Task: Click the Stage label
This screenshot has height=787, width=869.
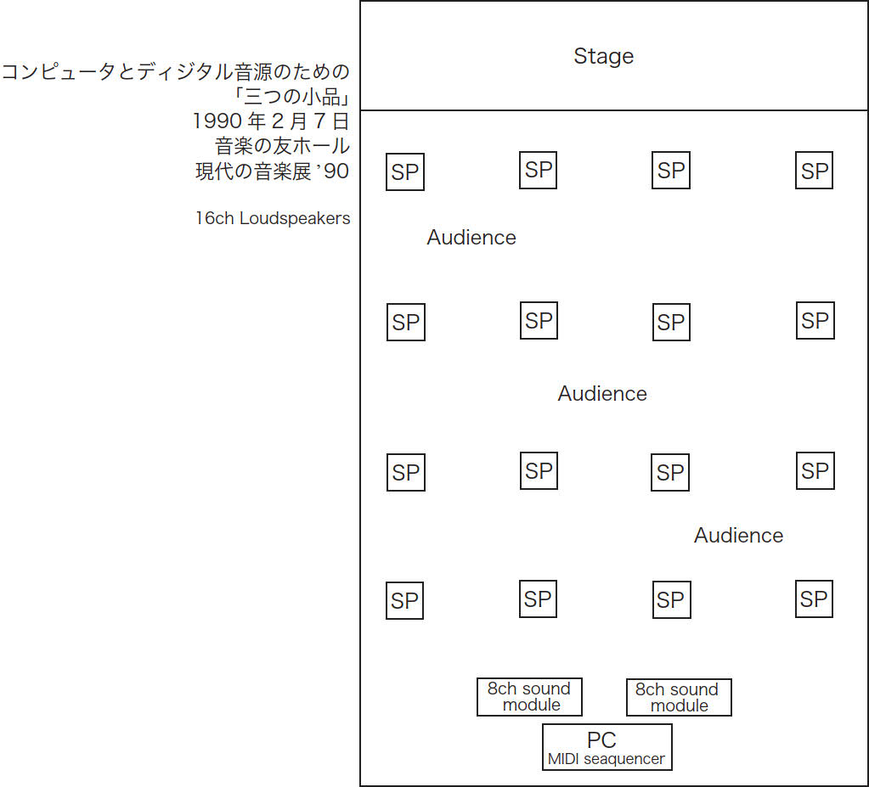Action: coord(603,57)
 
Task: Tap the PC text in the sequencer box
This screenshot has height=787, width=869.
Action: coord(601,741)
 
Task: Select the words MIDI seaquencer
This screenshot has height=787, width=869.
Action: coord(607,759)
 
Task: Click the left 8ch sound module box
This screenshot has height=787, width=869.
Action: coord(529,697)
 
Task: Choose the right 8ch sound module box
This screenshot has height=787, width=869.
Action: coord(678,698)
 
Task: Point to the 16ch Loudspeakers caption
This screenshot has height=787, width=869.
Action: coord(272,218)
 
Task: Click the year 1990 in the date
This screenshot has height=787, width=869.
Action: coord(217,121)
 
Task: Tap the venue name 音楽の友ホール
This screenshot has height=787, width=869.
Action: coord(282,146)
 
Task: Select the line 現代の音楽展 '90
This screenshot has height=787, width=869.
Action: coord(272,171)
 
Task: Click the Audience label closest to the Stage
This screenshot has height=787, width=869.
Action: coord(471,238)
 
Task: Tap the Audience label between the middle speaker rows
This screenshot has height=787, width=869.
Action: coord(602,394)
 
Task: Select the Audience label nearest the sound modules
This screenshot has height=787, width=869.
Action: coord(738,536)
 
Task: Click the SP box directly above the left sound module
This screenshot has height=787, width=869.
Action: coord(538,599)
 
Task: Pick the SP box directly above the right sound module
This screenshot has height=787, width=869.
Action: coord(670,600)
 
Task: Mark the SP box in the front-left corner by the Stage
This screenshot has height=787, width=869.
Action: coord(405,172)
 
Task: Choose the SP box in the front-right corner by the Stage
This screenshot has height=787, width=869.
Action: coord(814,171)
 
